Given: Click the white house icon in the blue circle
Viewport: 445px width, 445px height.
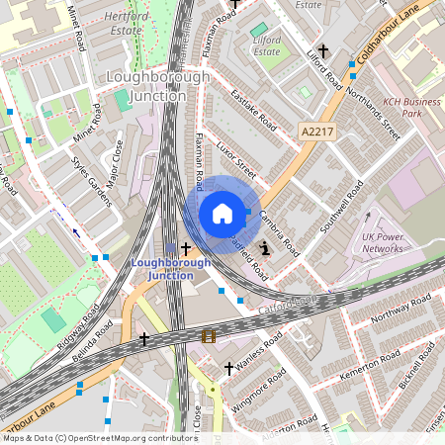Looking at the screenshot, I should (222, 214).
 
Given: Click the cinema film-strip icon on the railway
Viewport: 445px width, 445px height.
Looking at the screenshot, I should (209, 336).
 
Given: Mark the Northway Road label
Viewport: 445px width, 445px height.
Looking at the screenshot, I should (396, 316).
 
